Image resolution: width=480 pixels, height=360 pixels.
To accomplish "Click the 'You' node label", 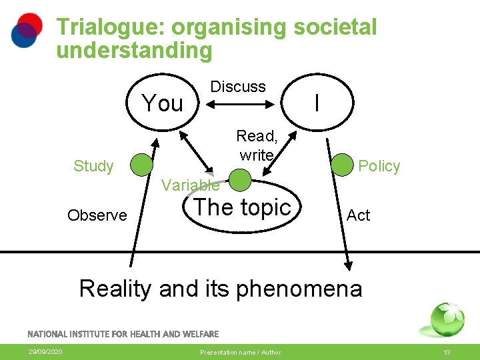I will (x=163, y=103).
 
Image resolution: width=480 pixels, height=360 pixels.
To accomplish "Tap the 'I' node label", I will (x=317, y=103).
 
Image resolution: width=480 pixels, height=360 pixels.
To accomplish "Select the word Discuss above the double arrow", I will (x=238, y=87).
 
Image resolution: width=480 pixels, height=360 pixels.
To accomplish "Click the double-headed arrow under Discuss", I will (x=239, y=103).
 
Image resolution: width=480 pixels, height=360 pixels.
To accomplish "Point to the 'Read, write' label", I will (x=257, y=145).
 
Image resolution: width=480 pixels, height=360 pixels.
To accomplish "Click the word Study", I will (x=93, y=166).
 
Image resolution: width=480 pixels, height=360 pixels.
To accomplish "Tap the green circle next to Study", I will (x=141, y=164).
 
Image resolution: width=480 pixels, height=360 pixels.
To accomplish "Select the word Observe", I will (x=97, y=215).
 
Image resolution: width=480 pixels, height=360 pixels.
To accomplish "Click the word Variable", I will (x=190, y=185).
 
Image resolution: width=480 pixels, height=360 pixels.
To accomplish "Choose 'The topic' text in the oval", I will (x=242, y=207).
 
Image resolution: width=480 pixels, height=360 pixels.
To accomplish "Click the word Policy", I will (x=379, y=166).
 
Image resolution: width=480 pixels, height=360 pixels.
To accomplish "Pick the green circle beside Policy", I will (x=342, y=164).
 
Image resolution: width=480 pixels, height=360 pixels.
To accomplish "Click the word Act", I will (x=359, y=215).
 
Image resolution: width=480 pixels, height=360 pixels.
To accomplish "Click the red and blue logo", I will (x=27, y=30).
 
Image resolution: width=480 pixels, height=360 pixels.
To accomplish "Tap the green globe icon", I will (x=447, y=319).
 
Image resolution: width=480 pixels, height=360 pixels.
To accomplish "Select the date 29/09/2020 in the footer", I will (x=45, y=352).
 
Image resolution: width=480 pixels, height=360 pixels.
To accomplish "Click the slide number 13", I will (x=447, y=352).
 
